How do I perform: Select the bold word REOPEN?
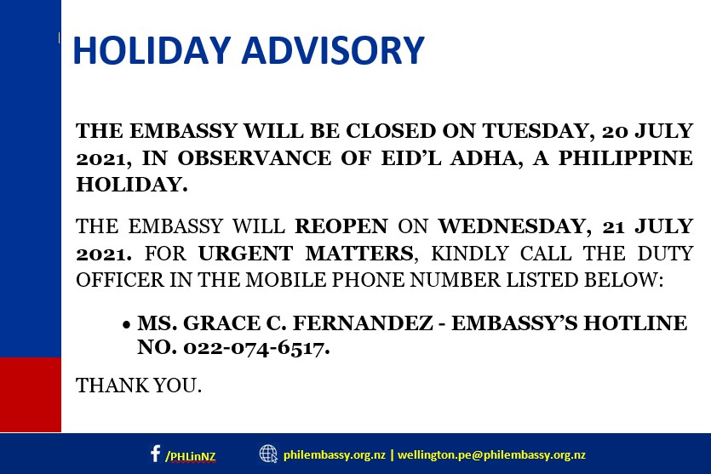pos(341,227)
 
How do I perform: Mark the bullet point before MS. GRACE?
pos(126,325)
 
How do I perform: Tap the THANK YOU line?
pos(139,385)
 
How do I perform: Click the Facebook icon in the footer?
pos(155,454)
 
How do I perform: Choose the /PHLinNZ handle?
pos(191,455)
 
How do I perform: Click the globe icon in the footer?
pos(268,454)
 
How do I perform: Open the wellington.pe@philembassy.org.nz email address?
pos(491,454)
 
